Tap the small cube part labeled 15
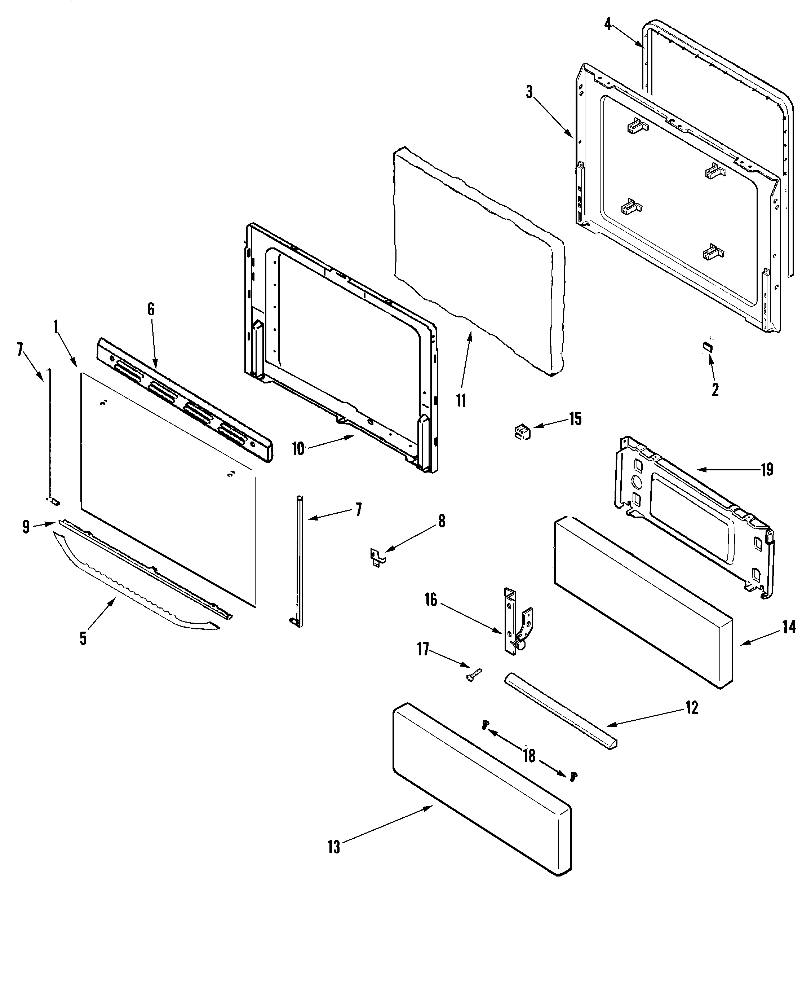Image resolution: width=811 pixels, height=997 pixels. pyautogui.click(x=522, y=431)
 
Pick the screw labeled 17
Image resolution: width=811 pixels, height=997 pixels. pyautogui.click(x=473, y=675)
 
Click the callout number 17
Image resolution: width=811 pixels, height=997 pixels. pyautogui.click(x=423, y=649)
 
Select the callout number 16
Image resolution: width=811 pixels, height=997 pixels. pyautogui.click(x=430, y=600)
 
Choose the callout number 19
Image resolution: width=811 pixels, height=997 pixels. pyautogui.click(x=767, y=469)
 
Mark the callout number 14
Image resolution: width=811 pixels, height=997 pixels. pyautogui.click(x=789, y=627)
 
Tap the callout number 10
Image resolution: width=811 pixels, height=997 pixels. pyautogui.click(x=298, y=449)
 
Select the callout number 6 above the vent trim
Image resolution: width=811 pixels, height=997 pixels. pyautogui.click(x=151, y=309)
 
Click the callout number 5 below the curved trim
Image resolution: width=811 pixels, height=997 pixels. pyautogui.click(x=83, y=638)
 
